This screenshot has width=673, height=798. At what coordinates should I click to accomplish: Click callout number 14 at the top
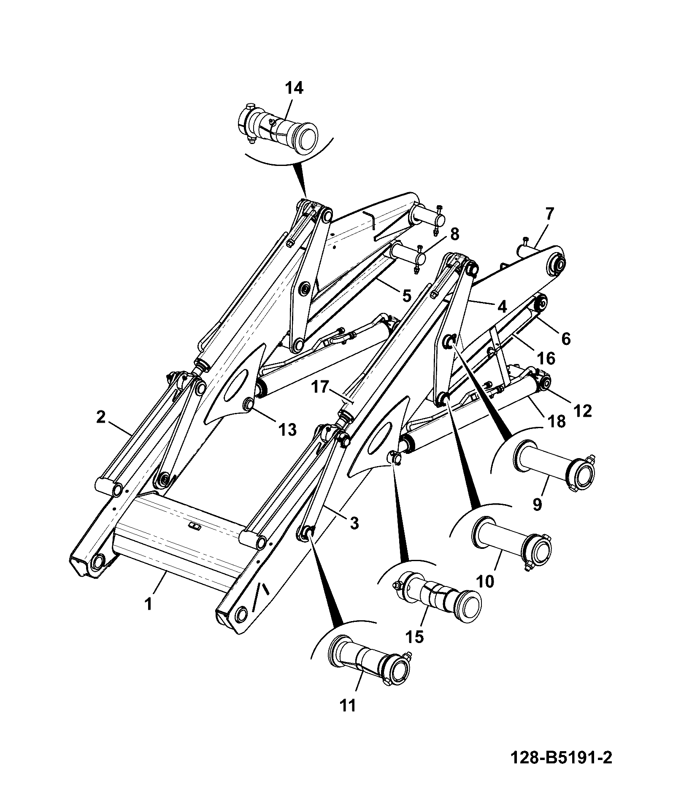click(294, 89)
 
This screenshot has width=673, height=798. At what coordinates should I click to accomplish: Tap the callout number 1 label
click(149, 604)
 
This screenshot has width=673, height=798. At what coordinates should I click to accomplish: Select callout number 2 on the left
click(100, 417)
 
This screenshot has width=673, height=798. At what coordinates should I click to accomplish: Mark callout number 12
click(582, 410)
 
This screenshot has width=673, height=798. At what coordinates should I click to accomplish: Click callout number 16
click(546, 358)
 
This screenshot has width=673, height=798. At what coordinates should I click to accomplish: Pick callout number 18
click(556, 421)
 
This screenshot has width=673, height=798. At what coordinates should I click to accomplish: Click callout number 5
click(406, 296)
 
